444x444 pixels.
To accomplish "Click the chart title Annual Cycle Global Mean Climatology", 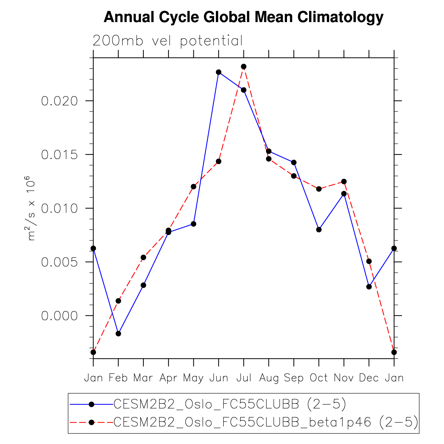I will tap(243, 17).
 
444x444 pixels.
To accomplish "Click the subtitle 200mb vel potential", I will tap(168, 41).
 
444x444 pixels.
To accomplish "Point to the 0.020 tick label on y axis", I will tap(59, 101).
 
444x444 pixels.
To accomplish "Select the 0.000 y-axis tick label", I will tap(59, 316).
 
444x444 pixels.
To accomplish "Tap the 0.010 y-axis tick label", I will tap(59, 209).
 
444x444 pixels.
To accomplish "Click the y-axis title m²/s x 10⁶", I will tap(31, 208).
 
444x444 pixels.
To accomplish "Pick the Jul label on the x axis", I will tap(244, 378).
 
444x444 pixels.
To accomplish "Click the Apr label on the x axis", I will tap(168, 378).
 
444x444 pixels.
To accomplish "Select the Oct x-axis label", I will tap(319, 378).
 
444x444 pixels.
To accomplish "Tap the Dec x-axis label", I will tap(369, 378).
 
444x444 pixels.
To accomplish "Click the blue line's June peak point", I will tap(219, 72).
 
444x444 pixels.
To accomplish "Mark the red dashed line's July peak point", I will tap(244, 67).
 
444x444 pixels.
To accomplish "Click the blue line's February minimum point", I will tap(118, 334).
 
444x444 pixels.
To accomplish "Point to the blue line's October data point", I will tap(319, 230).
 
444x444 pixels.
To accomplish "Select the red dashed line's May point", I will tap(193, 186).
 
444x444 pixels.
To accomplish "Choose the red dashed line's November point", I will tap(344, 182).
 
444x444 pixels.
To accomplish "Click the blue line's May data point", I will tap(193, 224).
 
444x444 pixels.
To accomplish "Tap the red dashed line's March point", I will tap(143, 257).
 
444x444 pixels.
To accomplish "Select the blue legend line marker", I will tap(91, 404).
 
